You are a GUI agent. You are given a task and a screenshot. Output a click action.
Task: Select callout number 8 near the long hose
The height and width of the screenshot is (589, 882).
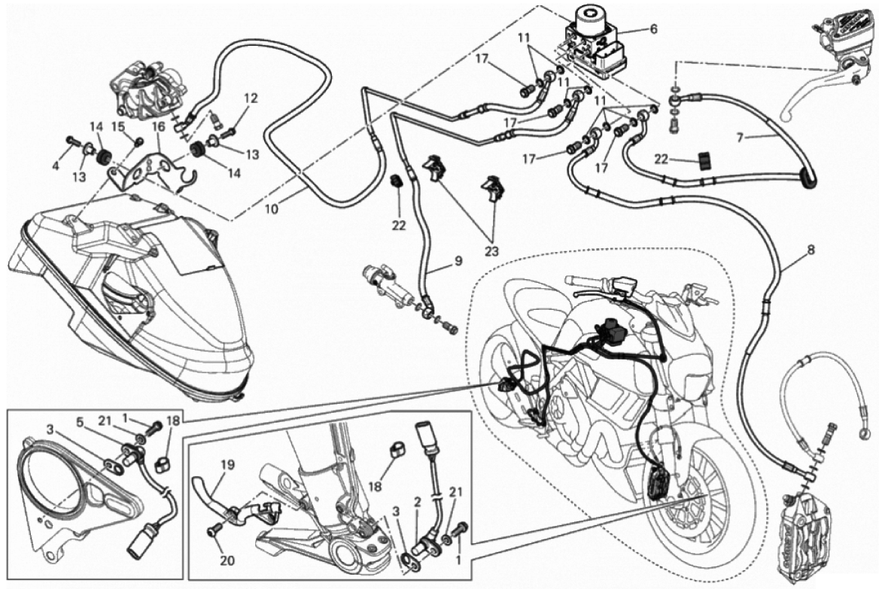pyautogui.click(x=811, y=250)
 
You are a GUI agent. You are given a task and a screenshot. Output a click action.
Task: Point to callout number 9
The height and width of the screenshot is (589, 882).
pyautogui.click(x=458, y=261)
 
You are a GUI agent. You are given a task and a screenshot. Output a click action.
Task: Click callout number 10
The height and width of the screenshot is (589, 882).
pyautogui.click(x=271, y=210)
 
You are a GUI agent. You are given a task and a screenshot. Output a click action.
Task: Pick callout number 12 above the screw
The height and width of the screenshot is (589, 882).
pyautogui.click(x=251, y=99)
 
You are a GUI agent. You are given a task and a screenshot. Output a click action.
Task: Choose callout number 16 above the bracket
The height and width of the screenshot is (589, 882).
pyautogui.click(x=158, y=127)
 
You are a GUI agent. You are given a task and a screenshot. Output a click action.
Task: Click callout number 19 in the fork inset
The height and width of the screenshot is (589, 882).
pyautogui.click(x=211, y=465)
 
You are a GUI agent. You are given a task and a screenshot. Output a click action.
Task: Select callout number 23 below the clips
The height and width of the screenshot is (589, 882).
pyautogui.click(x=491, y=251)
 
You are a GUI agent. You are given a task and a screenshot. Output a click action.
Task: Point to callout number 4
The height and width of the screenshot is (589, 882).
pyautogui.click(x=56, y=165)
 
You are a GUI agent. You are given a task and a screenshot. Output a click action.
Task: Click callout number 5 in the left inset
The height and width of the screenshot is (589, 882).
pyautogui.click(x=79, y=421)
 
